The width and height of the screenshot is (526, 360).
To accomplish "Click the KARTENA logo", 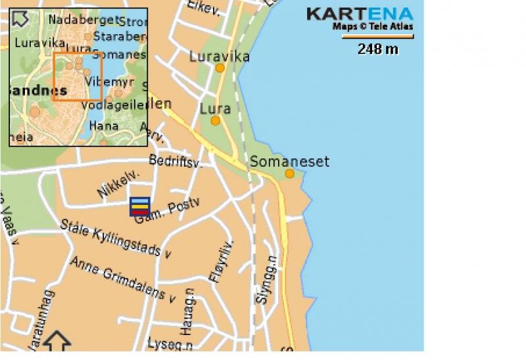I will [360, 13].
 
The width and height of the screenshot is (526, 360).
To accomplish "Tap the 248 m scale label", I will [377, 49].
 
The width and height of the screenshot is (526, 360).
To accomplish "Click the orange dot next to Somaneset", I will [290, 173].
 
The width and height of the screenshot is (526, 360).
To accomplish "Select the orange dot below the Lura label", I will [215, 121].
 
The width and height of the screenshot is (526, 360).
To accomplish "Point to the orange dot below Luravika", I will [220, 68].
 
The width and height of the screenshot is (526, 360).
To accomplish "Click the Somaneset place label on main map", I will [289, 162].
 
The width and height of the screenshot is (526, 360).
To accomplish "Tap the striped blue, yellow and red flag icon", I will [139, 206].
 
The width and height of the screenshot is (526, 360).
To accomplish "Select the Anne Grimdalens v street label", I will [124, 279].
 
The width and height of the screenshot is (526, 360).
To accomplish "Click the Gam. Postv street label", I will [166, 212].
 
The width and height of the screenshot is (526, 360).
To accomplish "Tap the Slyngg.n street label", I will [264, 279].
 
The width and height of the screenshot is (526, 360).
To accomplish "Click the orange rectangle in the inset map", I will [77, 76].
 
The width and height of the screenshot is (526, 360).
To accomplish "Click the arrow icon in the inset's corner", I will [20, 18].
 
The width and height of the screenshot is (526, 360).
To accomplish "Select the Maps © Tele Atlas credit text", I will [373, 27].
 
